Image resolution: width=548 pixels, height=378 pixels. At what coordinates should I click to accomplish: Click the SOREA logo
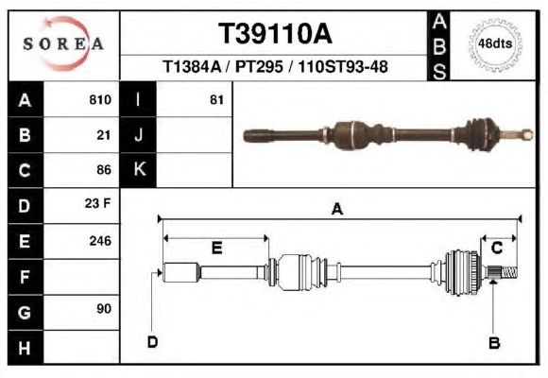pos(63,43)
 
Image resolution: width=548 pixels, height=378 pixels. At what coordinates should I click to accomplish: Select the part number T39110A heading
pos(275,34)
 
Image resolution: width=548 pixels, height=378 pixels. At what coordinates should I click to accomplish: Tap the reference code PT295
pos(259,66)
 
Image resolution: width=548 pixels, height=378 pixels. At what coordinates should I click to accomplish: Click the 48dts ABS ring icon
pos(495,45)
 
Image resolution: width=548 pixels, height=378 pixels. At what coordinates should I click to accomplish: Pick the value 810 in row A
pos(100,100)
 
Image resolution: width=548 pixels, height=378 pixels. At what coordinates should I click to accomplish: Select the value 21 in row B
pos(104,135)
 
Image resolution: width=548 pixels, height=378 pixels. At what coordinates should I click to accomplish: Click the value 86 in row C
pos(104,170)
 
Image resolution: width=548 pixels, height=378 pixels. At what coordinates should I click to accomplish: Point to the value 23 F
pos(97,203)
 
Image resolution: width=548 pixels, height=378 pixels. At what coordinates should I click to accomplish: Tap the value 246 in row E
pos(100,241)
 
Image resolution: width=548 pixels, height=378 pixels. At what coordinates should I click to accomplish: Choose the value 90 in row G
pos(104,309)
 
